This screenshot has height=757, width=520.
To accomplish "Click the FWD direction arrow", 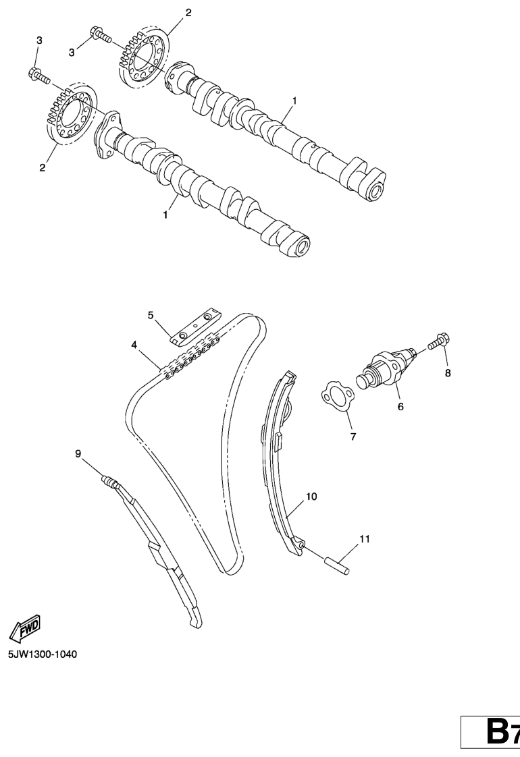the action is [26, 627].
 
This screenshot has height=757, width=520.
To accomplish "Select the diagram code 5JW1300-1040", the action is [42, 654].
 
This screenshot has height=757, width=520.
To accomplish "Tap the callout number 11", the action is [365, 539].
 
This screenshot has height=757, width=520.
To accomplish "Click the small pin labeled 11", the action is [336, 565].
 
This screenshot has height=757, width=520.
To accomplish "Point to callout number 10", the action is [311, 497].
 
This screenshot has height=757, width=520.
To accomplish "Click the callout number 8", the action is [448, 372].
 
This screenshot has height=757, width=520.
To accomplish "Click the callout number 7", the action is [353, 437].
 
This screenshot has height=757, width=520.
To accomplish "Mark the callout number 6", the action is [400, 407].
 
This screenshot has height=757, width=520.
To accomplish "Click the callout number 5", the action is [151, 315].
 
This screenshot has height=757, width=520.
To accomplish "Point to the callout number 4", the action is [134, 345].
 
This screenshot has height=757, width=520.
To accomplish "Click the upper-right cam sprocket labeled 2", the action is [144, 59].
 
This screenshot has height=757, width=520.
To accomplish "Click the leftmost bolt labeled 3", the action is [39, 75].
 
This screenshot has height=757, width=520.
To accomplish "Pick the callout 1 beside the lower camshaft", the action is [165, 215].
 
